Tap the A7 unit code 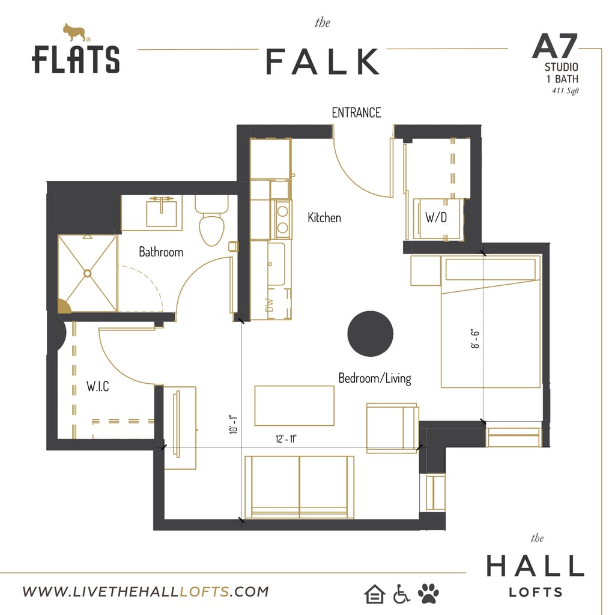[554, 46]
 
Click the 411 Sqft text [565, 91]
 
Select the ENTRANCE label [356, 112]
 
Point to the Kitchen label [324, 217]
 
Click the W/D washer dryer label [435, 217]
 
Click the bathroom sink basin [162, 213]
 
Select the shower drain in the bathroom [88, 273]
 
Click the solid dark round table [371, 333]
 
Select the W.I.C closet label [97, 387]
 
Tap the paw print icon [428, 593]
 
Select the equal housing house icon [374, 594]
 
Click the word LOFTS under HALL [536, 592]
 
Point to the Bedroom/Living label [375, 378]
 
